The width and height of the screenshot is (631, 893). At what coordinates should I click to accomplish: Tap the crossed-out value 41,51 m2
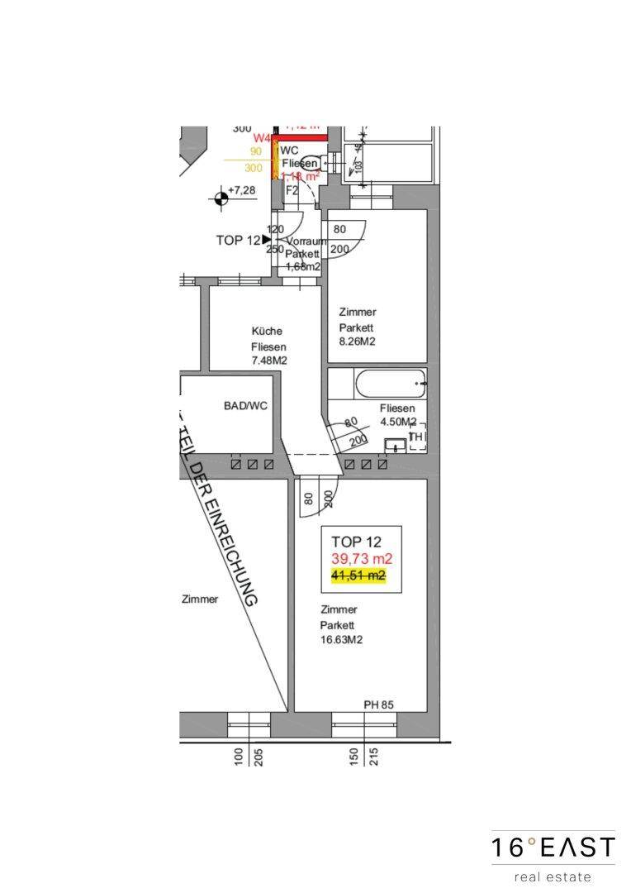(x=358, y=576)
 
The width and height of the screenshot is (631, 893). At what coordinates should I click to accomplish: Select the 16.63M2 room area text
(x=343, y=640)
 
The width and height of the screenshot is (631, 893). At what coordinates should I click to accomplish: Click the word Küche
(x=267, y=332)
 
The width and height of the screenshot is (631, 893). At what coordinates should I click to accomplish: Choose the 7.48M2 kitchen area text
(x=268, y=361)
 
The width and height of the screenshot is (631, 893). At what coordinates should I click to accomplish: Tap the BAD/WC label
(x=245, y=406)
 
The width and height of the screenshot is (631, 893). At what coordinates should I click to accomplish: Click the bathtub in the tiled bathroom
(x=389, y=384)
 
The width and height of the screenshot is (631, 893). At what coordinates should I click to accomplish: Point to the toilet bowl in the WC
(x=311, y=163)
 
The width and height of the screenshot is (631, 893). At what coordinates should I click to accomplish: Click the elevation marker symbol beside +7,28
(x=220, y=197)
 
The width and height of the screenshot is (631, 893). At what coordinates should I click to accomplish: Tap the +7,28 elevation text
(x=244, y=191)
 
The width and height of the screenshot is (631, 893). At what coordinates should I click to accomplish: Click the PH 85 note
(x=378, y=704)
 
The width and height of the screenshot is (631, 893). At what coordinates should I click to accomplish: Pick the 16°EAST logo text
(x=553, y=848)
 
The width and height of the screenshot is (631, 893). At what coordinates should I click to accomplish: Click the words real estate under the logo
(x=553, y=876)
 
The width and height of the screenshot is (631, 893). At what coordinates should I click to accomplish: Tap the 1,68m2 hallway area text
(x=303, y=267)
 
